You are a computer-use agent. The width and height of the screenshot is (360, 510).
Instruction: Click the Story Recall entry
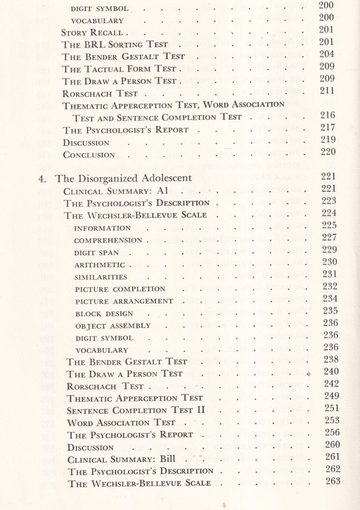click(x=92, y=33)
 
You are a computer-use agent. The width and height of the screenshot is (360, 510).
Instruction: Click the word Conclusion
click(x=89, y=155)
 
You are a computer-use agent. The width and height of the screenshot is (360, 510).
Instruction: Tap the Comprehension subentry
click(x=108, y=241)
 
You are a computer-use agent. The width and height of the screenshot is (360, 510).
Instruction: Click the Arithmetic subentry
click(x=100, y=265)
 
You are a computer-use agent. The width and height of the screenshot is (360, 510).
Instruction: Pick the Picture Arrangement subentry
click(x=124, y=301)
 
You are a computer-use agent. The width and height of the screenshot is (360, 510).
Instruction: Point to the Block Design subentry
click(x=104, y=314)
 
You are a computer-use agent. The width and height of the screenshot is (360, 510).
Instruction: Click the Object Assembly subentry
click(x=113, y=326)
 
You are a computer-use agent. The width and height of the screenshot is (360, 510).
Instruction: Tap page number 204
click(x=326, y=54)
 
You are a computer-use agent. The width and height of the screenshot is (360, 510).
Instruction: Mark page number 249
click(x=332, y=396)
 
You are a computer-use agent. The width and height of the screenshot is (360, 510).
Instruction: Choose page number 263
click(x=332, y=481)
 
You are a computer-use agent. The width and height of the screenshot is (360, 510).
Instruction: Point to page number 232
click(x=330, y=286)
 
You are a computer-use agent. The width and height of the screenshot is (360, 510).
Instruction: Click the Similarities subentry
click(x=101, y=278)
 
